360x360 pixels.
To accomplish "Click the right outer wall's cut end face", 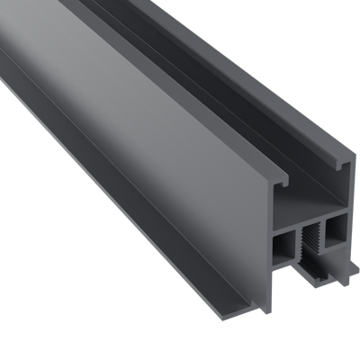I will (x=352, y=193).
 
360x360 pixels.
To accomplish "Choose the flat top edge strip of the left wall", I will (x=135, y=67).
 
